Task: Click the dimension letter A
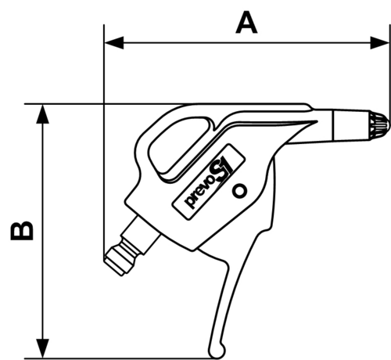(246, 23)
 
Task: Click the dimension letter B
(22, 231)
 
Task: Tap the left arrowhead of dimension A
(114, 42)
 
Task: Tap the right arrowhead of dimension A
(380, 42)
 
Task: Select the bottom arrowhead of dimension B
(42, 348)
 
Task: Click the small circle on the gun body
(239, 191)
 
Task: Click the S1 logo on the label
(221, 167)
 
